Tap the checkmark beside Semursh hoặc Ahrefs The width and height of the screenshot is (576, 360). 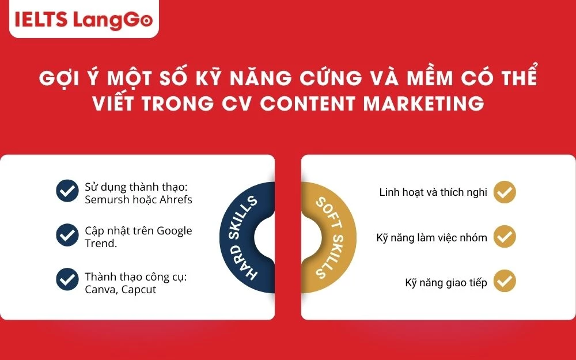pyautogui.click(x=67, y=191)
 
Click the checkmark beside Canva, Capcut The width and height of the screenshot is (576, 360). pyautogui.click(x=67, y=280)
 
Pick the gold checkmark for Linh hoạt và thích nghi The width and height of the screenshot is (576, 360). pyautogui.click(x=505, y=192)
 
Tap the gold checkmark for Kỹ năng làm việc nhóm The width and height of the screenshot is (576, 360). pyautogui.click(x=505, y=237)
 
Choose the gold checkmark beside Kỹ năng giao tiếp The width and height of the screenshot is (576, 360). pyautogui.click(x=505, y=282)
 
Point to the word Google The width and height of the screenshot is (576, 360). pyautogui.click(x=172, y=230)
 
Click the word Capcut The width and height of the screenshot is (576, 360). pyautogui.click(x=138, y=289)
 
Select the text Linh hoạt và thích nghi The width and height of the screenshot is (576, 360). pyautogui.click(x=433, y=192)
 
